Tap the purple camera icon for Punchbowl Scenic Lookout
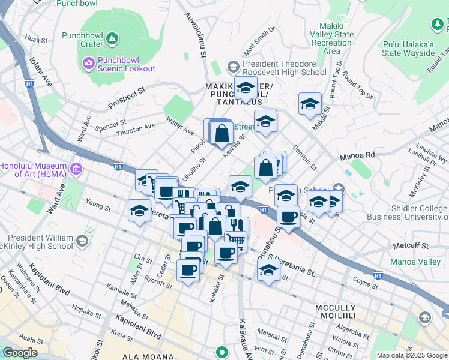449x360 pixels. click(88, 62)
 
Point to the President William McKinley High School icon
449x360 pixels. click(82, 241)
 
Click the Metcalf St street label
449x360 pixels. click(410, 245)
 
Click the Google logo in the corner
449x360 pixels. click(20, 353)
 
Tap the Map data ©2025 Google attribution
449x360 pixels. click(412, 355)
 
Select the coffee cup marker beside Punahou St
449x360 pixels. click(288, 217)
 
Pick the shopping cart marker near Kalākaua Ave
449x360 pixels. click(237, 241)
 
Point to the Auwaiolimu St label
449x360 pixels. click(195, 37)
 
